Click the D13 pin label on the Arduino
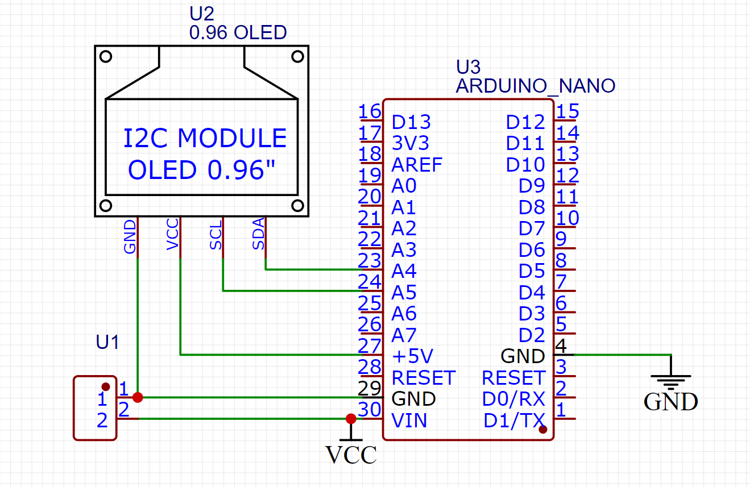tap(411, 122)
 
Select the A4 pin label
tap(404, 271)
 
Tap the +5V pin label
tap(412, 356)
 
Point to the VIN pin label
tap(409, 421)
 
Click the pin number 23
tap(370, 260)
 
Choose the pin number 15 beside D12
tap(567, 111)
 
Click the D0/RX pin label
tap(513, 399)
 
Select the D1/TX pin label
tap(514, 421)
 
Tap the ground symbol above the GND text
tap(672, 378)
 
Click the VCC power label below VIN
tap(351, 455)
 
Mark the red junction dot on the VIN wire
tap(351, 419)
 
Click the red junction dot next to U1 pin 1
tap(138, 397)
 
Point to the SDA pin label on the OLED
tap(259, 234)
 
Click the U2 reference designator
tap(202, 14)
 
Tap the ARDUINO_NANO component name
tap(535, 86)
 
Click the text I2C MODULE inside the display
tap(205, 139)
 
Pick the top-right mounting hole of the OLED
tap(297, 56)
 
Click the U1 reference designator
tap(107, 342)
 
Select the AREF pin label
tap(417, 165)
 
